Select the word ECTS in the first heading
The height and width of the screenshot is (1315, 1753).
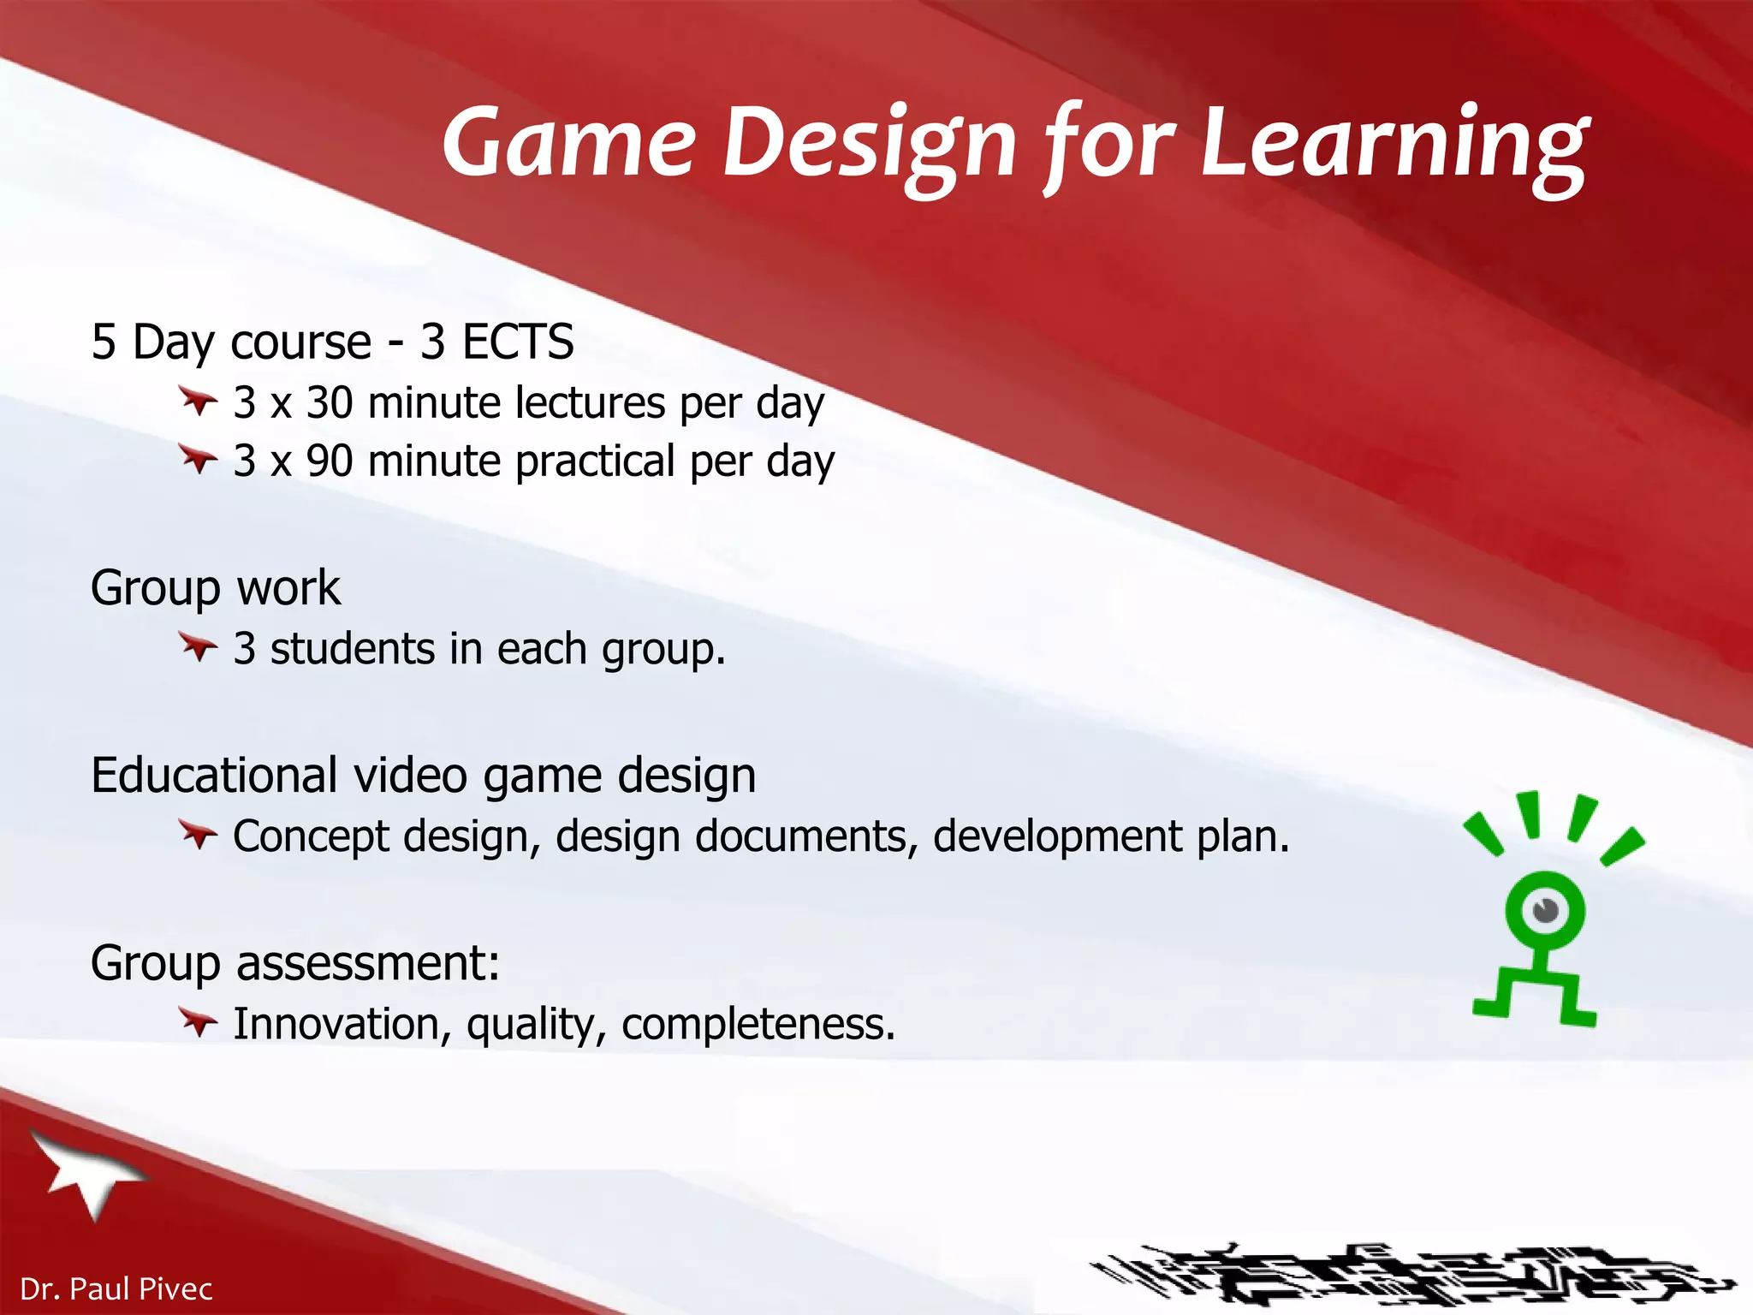(518, 342)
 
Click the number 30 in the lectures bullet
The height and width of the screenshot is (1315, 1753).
(330, 402)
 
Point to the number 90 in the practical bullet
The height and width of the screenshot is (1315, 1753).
(330, 461)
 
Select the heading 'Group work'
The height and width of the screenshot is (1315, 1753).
(216, 588)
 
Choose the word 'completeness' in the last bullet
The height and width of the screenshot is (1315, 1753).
(758, 1024)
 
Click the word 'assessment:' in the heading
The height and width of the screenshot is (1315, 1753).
(368, 963)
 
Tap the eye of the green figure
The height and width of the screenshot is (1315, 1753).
(1545, 909)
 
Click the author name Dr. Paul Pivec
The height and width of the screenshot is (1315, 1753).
(116, 1288)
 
